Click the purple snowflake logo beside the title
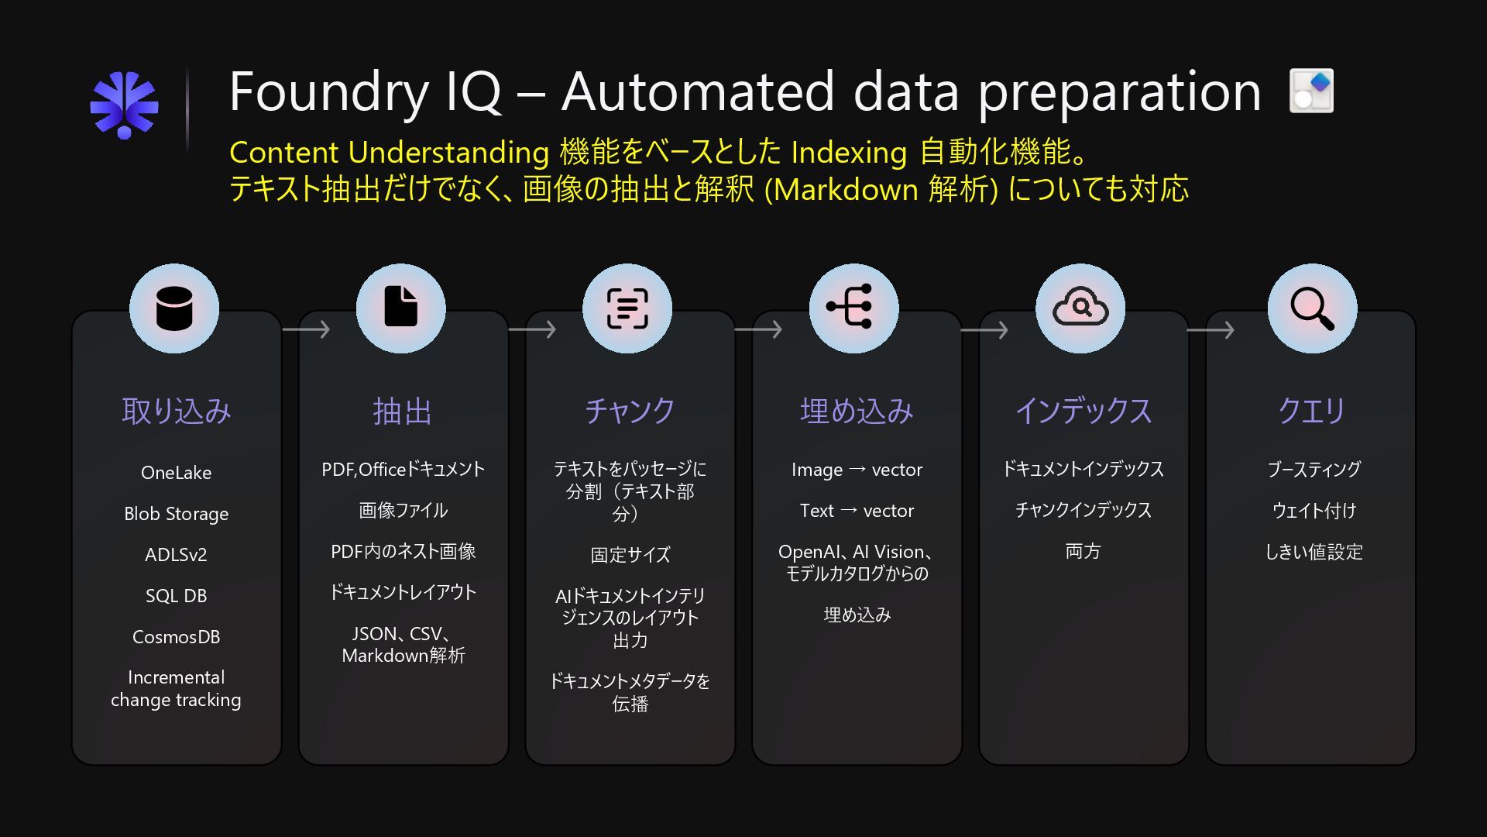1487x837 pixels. (124, 105)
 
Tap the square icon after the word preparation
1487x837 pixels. (1311, 91)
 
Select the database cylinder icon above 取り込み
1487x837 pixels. (174, 308)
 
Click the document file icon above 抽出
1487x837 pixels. (400, 308)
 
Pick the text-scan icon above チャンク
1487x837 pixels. (627, 308)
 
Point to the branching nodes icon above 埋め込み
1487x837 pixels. (853, 308)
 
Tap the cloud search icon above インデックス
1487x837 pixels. (1080, 308)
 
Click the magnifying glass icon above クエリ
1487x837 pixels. (1312, 308)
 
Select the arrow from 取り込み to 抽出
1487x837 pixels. (307, 330)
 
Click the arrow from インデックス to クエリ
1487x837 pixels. (1211, 330)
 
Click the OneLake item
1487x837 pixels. (176, 473)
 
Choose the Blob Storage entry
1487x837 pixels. (176, 514)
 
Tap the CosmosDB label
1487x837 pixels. (176, 637)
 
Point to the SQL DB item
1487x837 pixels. (176, 596)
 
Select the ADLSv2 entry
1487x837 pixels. (176, 555)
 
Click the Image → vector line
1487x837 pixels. (857, 470)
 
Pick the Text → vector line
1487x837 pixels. (857, 511)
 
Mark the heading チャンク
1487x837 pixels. (630, 411)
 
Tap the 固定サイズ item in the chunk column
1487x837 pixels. (630, 555)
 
